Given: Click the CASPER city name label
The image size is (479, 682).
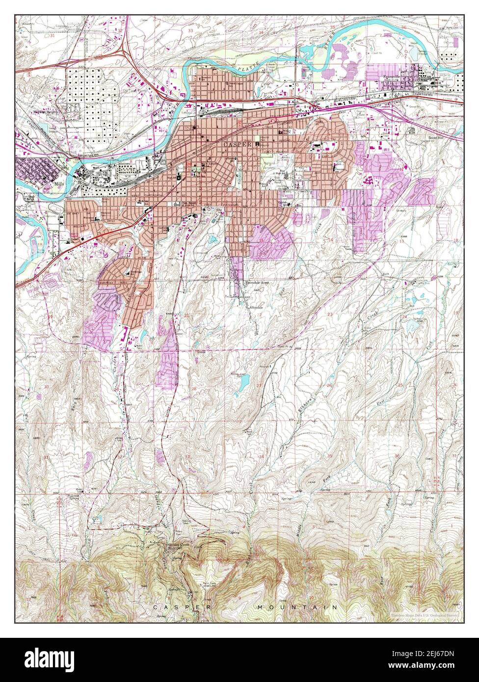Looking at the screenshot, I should tap(237, 145).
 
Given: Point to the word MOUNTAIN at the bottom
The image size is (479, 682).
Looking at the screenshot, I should tap(297, 607).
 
